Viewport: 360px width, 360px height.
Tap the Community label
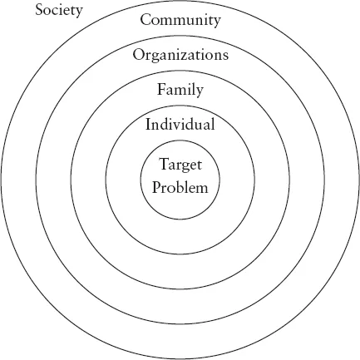(180, 20)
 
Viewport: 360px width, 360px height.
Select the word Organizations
(180, 55)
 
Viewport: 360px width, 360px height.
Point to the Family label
(180, 90)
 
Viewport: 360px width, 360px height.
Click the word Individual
(180, 125)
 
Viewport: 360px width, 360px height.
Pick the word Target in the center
(180, 165)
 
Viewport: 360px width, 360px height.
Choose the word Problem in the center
(180, 186)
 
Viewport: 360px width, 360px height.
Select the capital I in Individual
(149, 125)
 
